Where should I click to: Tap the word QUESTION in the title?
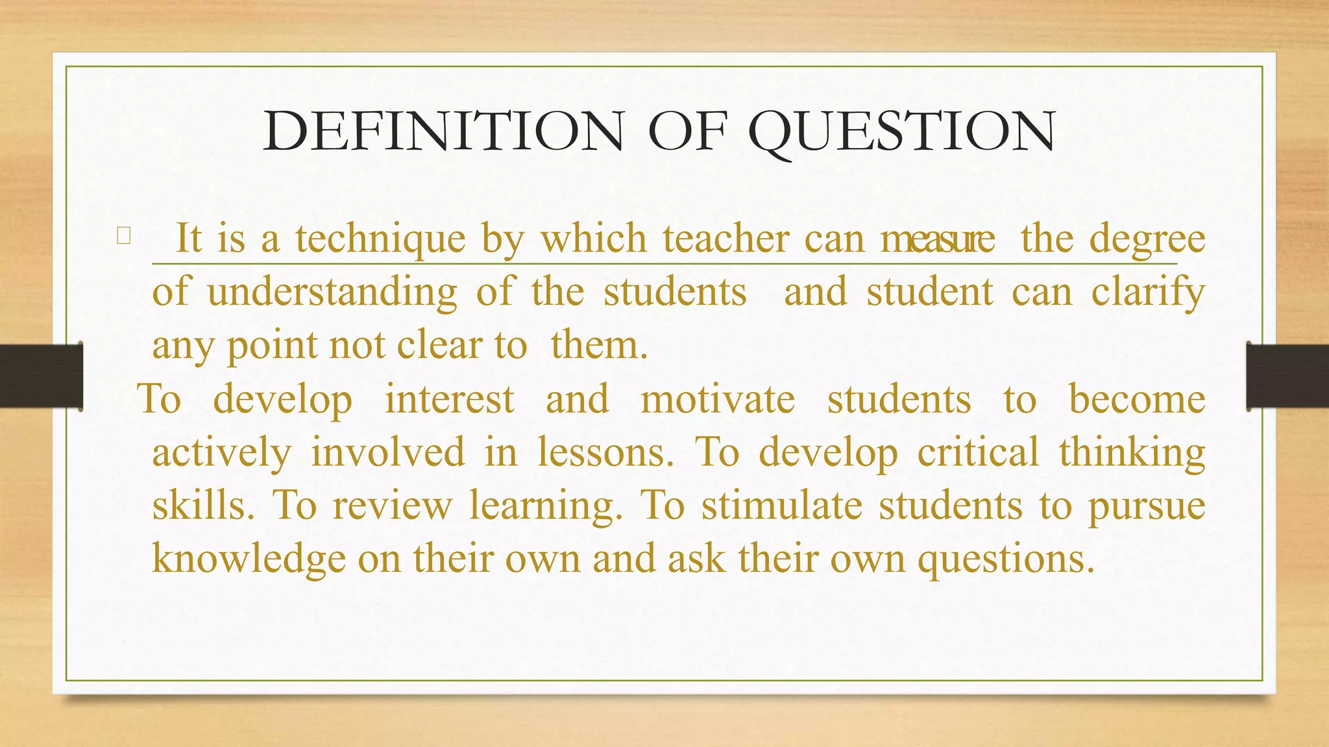point(902,133)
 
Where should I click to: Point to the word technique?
point(380,239)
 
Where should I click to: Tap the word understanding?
point(332,292)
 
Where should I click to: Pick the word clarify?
point(1148,292)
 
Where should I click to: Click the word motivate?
point(718,399)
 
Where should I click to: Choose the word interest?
point(450,399)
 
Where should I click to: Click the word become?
point(1137,399)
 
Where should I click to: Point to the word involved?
point(388,452)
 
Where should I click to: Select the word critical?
point(978,452)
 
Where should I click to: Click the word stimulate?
point(782,505)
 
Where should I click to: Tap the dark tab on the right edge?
point(1287,376)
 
